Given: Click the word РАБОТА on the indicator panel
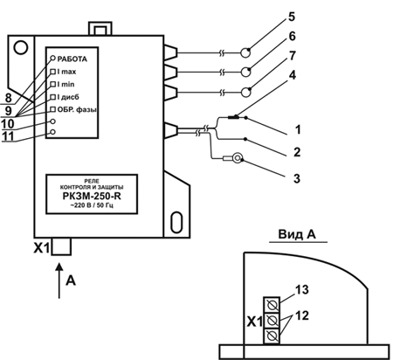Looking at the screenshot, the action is (x=72, y=59).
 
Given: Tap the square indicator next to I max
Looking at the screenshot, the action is (x=53, y=72).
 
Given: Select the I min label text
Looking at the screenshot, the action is (x=65, y=84).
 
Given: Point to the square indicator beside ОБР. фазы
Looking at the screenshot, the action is (x=53, y=109).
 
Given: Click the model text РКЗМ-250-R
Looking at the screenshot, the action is (x=92, y=196).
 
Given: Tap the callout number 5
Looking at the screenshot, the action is (x=292, y=17).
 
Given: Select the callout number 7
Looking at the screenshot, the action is (x=293, y=55).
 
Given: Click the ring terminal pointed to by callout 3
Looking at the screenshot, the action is (x=238, y=158).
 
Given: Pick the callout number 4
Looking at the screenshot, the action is (x=292, y=75).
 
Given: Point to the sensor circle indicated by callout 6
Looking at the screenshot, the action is (x=245, y=72).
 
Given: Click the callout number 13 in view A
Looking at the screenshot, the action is (x=302, y=289).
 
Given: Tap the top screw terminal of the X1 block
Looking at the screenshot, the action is (x=272, y=305).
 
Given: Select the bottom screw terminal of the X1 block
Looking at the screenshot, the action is (x=272, y=336).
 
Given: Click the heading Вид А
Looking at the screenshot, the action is (x=297, y=234).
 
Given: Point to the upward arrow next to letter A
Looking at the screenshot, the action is (x=59, y=280).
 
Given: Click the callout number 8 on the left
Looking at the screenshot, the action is (x=9, y=98).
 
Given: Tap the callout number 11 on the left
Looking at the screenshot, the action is (x=8, y=136).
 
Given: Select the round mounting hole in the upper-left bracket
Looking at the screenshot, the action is (x=21, y=47).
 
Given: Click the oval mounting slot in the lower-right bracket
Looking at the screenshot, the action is (x=176, y=222).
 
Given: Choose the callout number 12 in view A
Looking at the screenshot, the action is (x=302, y=315).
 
